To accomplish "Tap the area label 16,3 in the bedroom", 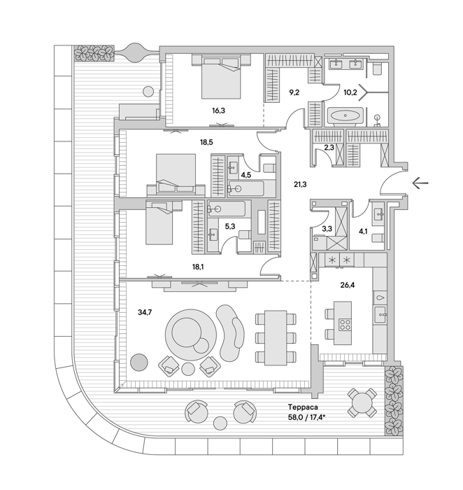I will pyautogui.click(x=218, y=111).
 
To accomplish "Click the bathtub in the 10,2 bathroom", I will pyautogui.click(x=345, y=115).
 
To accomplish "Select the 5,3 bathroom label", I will pyautogui.click(x=230, y=226).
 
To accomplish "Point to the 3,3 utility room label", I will pyautogui.click(x=327, y=228).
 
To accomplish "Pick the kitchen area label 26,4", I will pyautogui.click(x=348, y=285).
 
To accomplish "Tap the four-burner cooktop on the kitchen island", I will pyautogui.click(x=345, y=324).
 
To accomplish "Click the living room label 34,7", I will pyautogui.click(x=145, y=312).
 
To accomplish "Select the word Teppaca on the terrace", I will pyautogui.click(x=303, y=407).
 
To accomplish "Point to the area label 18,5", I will pyautogui.click(x=206, y=142).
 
